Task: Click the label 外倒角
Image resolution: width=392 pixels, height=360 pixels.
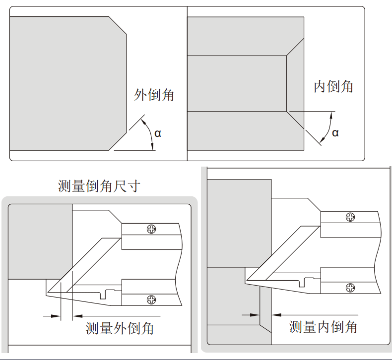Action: tap(154, 95)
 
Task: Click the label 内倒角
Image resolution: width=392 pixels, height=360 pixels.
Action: tap(333, 87)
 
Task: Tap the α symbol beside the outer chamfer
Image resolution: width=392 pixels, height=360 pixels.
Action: tap(158, 134)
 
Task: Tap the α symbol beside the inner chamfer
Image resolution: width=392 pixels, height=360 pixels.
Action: tap(335, 133)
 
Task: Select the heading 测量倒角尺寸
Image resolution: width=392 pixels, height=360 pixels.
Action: tap(99, 186)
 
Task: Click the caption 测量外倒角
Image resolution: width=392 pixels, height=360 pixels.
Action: tap(120, 328)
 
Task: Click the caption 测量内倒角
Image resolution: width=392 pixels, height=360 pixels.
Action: tap(323, 327)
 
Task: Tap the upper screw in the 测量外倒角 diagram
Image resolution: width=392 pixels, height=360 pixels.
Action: tap(151, 229)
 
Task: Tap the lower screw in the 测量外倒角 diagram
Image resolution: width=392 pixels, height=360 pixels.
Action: tap(151, 300)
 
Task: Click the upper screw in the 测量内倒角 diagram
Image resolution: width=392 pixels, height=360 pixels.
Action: tap(350, 217)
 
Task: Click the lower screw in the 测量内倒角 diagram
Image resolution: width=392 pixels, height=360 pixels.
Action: tap(350, 288)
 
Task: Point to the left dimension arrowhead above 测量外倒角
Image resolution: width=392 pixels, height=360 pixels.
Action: tap(56, 316)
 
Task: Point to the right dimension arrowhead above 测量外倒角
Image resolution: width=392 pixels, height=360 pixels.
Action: tap(77, 316)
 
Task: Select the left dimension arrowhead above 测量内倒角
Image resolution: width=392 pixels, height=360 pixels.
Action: tap(255, 315)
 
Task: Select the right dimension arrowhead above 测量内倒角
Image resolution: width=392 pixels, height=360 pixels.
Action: tap(276, 315)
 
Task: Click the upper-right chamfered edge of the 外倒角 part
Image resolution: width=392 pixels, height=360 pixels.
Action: tap(118, 25)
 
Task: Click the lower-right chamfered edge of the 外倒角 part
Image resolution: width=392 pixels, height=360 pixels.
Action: tap(118, 142)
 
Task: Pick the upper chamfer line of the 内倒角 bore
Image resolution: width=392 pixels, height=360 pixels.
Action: tap(295, 47)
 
